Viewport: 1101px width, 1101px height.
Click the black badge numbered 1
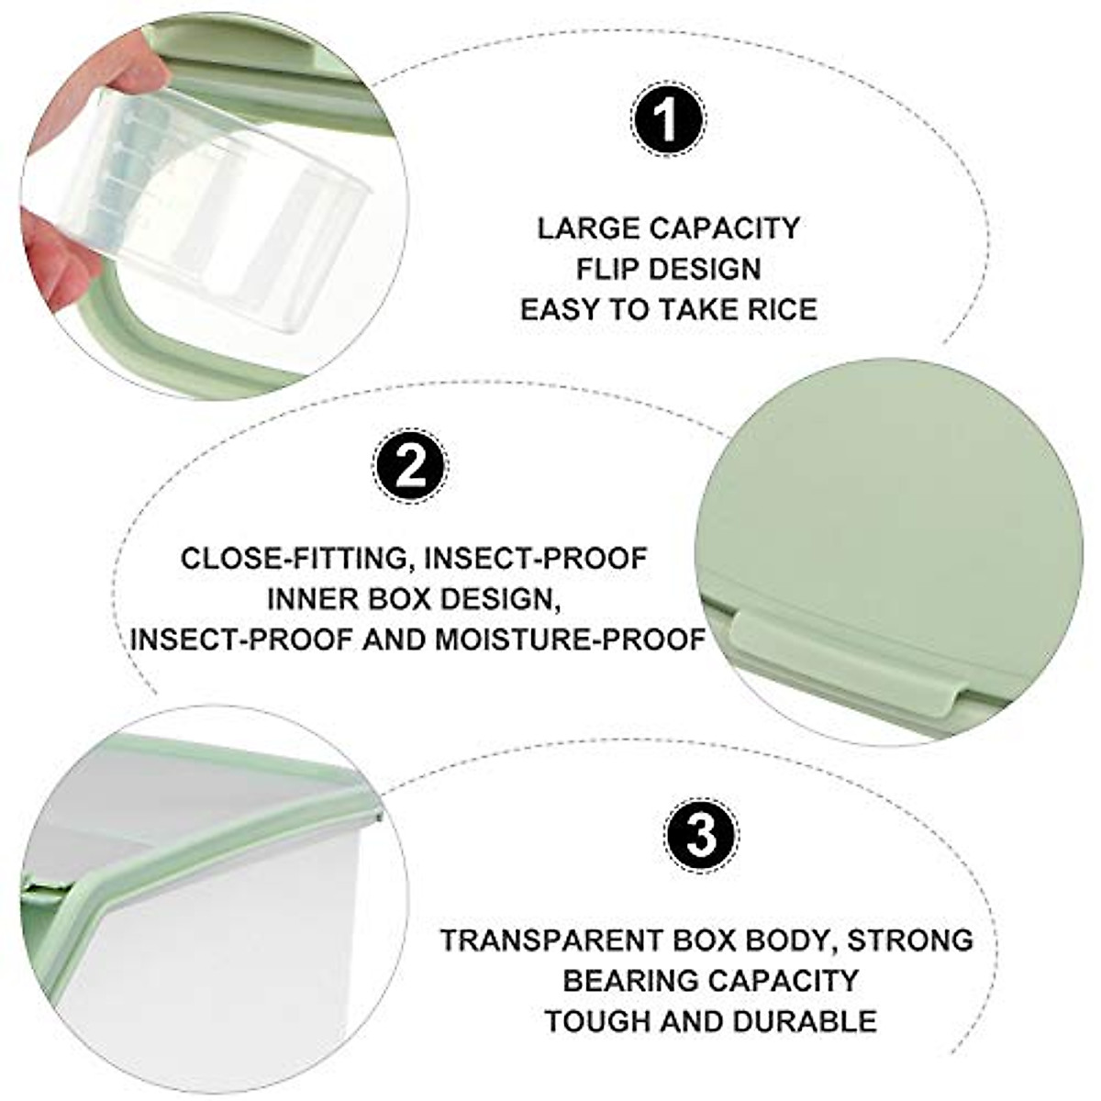click(669, 121)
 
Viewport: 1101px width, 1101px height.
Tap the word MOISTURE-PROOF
click(570, 639)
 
